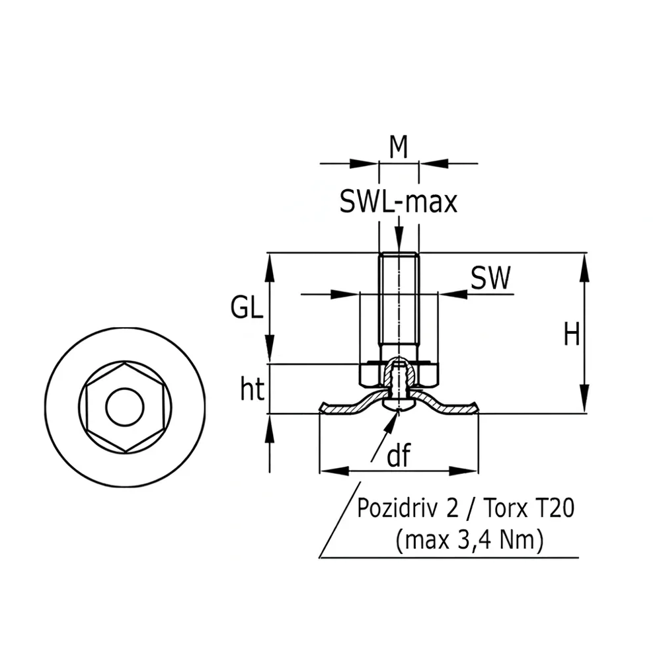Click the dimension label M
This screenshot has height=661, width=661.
(x=399, y=147)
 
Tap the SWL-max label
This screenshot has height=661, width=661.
(x=399, y=202)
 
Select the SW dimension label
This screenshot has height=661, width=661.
(x=490, y=278)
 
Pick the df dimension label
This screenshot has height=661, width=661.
(x=399, y=455)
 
